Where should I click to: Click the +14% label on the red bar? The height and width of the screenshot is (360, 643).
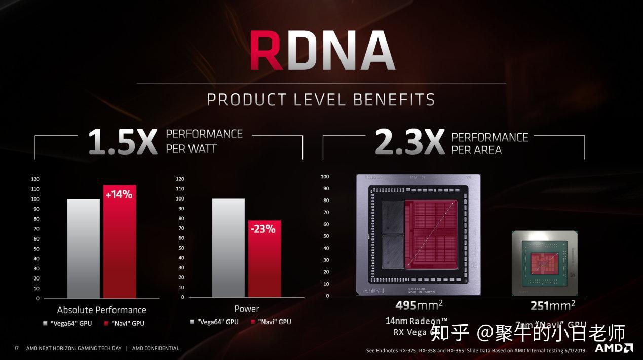pos(119,194)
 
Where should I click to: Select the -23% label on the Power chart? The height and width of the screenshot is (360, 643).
pos(264,229)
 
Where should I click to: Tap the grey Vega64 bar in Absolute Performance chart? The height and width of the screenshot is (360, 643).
pos(84,248)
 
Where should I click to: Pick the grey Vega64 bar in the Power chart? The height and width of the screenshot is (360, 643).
pos(228,248)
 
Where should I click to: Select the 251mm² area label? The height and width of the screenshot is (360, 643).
pos(553,306)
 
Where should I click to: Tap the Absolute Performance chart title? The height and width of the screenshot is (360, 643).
pos(101,310)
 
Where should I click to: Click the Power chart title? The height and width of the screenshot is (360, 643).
pos(246,309)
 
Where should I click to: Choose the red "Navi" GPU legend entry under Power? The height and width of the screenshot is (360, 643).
pos(271,322)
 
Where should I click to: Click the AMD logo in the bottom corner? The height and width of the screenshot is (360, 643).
pos(614,348)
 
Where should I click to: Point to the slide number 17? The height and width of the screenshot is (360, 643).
pos(16,348)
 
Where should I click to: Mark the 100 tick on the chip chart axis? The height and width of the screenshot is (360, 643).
pos(325,177)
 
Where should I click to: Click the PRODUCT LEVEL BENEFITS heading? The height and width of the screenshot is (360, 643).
pos(321,99)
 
